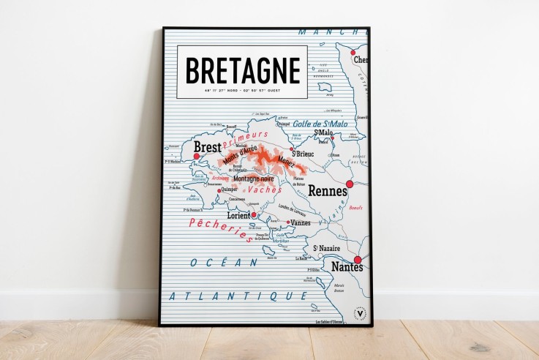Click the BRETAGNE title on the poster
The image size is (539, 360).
pos(242,70)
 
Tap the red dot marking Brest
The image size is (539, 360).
pos(196,156)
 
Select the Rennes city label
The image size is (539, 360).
pos(327,191)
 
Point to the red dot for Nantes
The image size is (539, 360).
pos(358,260)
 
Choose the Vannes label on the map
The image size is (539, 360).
pos(301,222)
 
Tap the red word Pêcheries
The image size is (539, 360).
pos(219,230)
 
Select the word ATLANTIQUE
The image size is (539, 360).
pos(237,296)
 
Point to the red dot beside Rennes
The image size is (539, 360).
pos(350,184)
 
